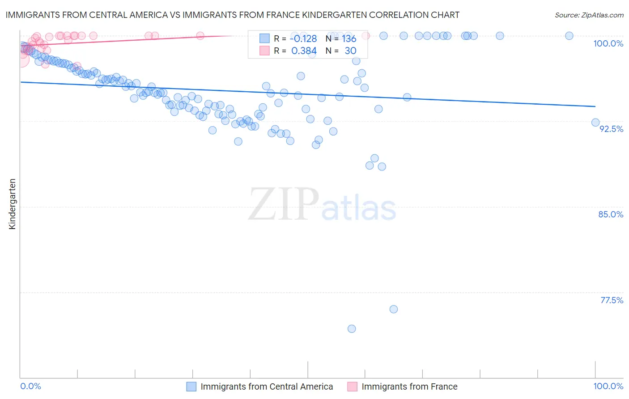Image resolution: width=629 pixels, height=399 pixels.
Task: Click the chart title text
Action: click(232, 15)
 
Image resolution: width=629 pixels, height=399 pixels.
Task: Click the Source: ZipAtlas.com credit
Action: click(589, 15)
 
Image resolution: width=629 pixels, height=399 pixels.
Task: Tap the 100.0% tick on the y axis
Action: click(608, 43)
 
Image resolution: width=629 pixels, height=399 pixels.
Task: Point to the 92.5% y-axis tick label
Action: click(611, 129)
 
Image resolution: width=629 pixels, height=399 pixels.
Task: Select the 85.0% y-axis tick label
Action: click(611, 214)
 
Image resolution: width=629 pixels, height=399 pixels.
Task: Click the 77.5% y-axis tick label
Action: click(612, 300)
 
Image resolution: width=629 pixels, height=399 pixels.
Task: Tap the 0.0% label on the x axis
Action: click(30, 386)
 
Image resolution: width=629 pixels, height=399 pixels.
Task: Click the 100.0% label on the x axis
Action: click(608, 386)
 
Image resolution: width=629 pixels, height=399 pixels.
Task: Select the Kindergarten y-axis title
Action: click(12, 204)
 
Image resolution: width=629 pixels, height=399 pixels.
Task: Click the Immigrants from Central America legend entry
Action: click(267, 386)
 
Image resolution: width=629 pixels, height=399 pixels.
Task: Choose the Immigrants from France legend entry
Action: click(409, 386)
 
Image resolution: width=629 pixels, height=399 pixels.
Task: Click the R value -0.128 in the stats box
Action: click(304, 38)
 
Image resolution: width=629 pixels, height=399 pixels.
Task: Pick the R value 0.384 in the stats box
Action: click(304, 51)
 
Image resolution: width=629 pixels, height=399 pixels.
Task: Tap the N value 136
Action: click(349, 38)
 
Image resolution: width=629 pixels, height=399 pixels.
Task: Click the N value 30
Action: click(350, 51)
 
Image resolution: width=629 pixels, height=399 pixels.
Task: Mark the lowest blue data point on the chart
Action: click(352, 329)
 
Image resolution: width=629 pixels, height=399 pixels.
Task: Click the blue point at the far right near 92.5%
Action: click(595, 123)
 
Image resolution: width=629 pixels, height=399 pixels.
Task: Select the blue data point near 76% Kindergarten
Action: click(394, 309)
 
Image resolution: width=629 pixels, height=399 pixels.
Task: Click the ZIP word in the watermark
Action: click(283, 204)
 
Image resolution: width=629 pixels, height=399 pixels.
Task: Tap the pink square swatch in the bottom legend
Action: click(352, 386)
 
